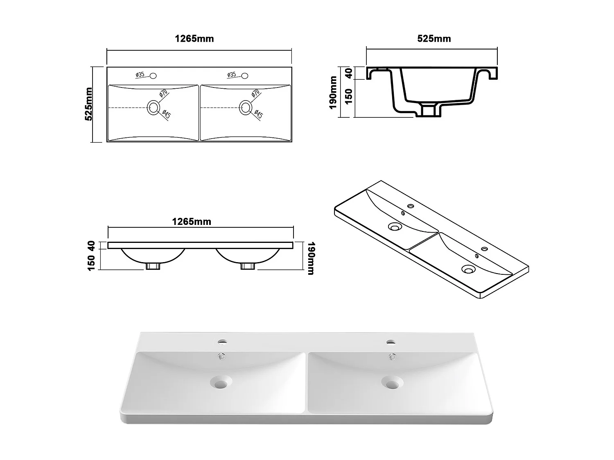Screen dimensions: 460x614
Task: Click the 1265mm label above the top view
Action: coord(194,39)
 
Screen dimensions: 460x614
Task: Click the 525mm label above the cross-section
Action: coord(434,39)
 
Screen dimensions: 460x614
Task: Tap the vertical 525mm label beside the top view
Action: coord(88,104)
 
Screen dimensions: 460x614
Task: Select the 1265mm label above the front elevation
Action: coord(192,222)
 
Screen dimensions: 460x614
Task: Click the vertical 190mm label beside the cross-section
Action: coord(333,92)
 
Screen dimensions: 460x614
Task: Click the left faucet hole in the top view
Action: coord(153,76)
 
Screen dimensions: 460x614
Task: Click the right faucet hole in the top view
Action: coord(245,76)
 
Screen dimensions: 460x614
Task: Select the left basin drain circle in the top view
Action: coord(153,108)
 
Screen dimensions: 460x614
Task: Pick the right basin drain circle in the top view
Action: coord(246,108)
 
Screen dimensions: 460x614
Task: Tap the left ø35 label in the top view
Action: coord(140,75)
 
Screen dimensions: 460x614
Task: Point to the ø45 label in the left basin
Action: coord(166,114)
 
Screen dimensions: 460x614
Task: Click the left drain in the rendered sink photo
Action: coord(221,383)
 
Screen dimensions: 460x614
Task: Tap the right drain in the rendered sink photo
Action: coord(392,383)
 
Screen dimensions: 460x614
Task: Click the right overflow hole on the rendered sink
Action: coord(392,357)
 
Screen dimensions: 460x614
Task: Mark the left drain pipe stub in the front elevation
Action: coord(153,266)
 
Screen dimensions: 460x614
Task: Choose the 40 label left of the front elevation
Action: coord(91,245)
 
